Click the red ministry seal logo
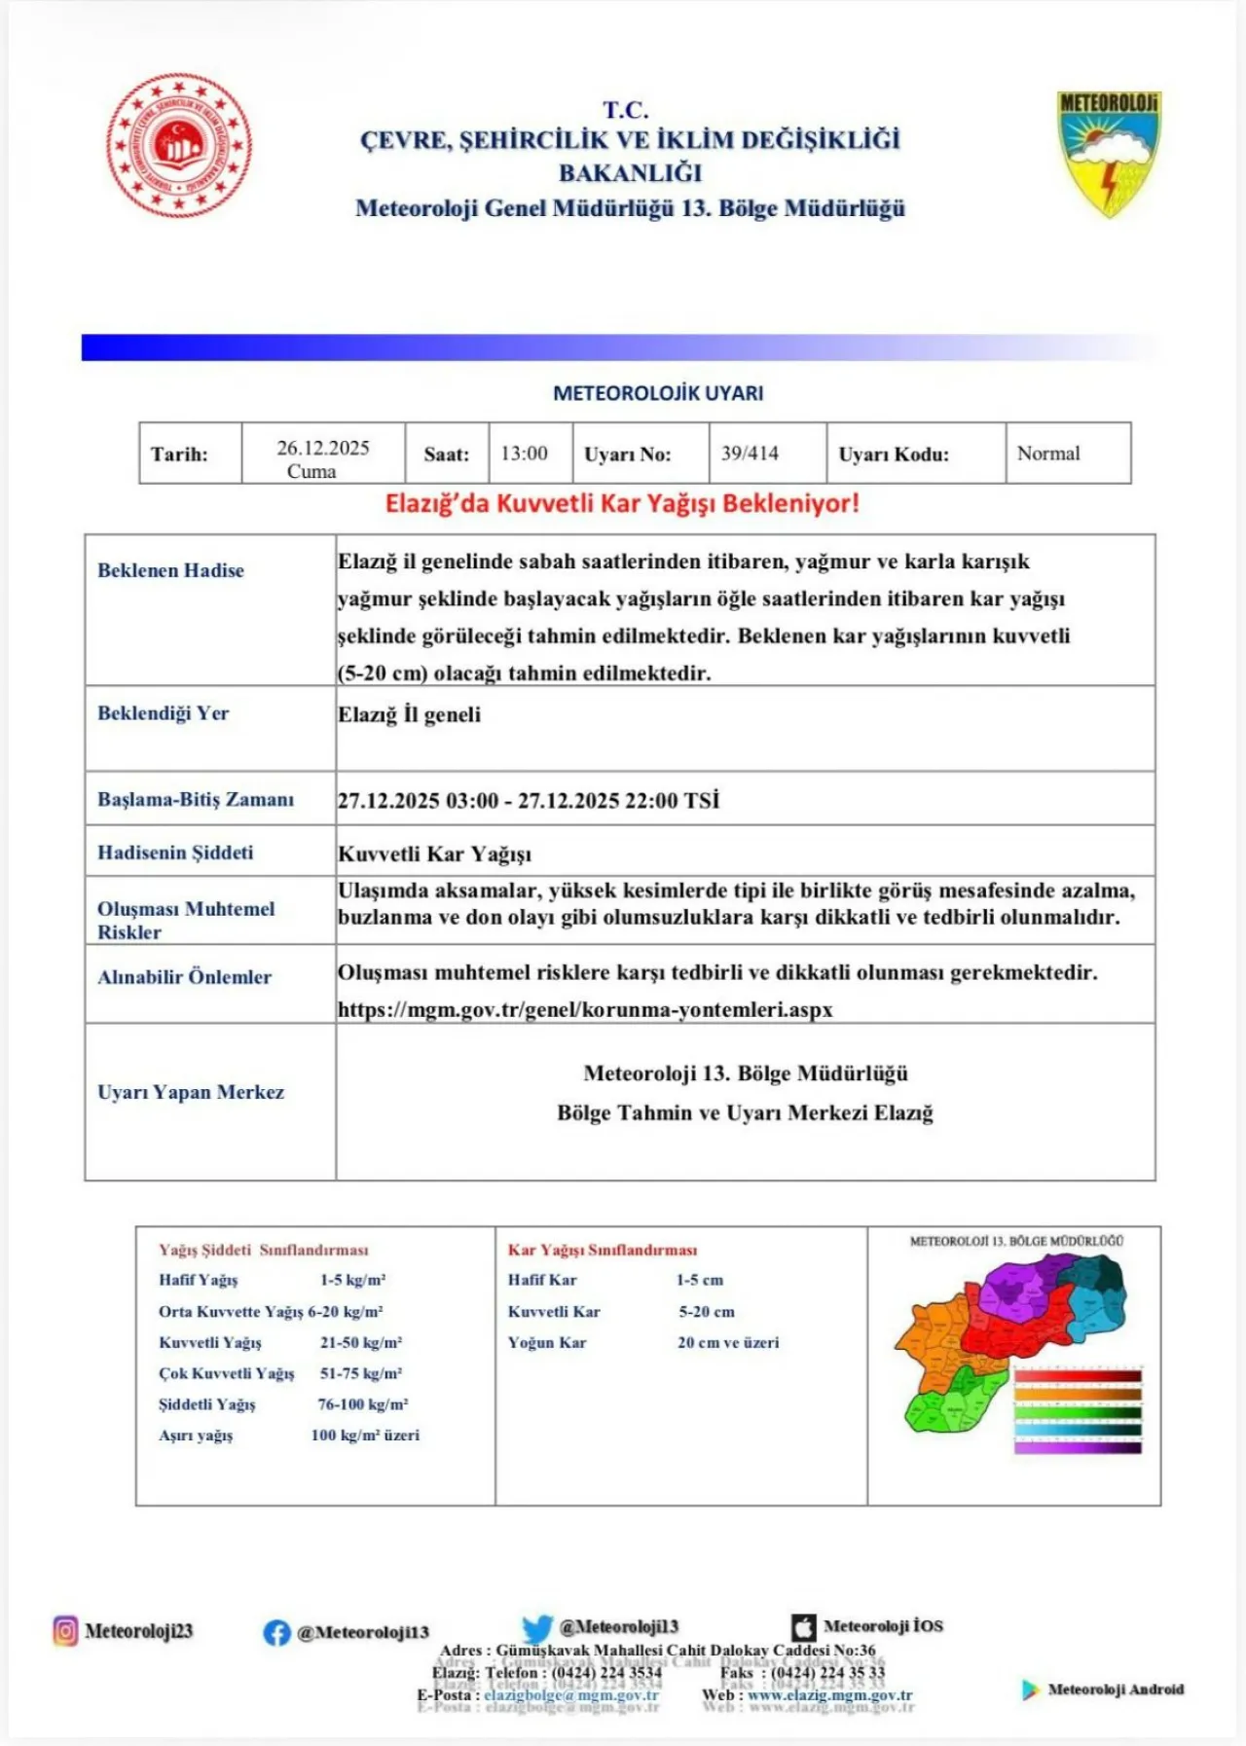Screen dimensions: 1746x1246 point(179,145)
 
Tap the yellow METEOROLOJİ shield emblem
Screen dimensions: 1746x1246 point(1109,152)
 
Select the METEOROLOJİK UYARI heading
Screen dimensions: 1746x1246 point(658,393)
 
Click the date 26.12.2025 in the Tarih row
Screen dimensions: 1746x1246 point(323,448)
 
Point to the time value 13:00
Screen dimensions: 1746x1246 point(525,454)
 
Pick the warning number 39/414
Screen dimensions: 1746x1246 point(750,454)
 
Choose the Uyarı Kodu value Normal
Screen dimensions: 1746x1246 point(1048,454)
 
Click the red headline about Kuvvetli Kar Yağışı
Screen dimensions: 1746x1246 point(622,504)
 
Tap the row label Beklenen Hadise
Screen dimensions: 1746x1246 point(170,570)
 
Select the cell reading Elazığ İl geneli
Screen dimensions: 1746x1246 point(410,714)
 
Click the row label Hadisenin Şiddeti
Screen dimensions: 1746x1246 point(175,853)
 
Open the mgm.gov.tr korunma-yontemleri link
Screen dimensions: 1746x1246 point(585,1009)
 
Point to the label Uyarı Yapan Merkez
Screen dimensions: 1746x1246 point(191,1092)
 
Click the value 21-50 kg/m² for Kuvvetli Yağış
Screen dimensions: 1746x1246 point(361,1342)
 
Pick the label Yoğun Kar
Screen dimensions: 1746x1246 point(547,1342)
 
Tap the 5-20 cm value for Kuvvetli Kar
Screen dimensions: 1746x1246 point(707,1311)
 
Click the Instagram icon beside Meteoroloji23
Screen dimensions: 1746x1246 point(65,1630)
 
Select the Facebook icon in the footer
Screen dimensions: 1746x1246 point(276,1632)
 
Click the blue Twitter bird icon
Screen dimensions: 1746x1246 point(536,1628)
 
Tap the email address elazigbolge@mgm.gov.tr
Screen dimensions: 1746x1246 point(571,1694)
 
